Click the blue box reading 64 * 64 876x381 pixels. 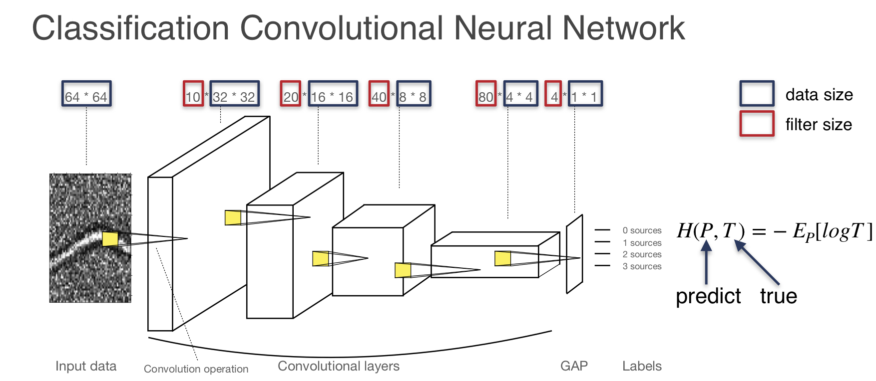click(86, 94)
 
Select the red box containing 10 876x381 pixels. click(193, 94)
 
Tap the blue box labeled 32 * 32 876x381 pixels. click(234, 94)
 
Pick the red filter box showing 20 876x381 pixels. click(291, 94)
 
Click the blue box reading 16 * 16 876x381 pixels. click(333, 94)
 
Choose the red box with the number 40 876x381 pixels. click(379, 94)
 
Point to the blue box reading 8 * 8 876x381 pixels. click(414, 94)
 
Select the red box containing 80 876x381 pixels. click(486, 94)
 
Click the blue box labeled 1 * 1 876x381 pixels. click(585, 94)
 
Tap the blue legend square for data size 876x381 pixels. click(757, 93)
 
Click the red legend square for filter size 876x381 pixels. click(757, 123)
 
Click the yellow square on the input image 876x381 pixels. click(110, 239)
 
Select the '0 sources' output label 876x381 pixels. click(642, 230)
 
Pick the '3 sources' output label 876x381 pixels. click(642, 266)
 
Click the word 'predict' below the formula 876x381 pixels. click(708, 296)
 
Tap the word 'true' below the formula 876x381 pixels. click(778, 296)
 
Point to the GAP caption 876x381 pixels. click(574, 366)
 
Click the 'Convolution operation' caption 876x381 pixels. click(196, 369)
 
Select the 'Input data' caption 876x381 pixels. click(86, 366)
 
